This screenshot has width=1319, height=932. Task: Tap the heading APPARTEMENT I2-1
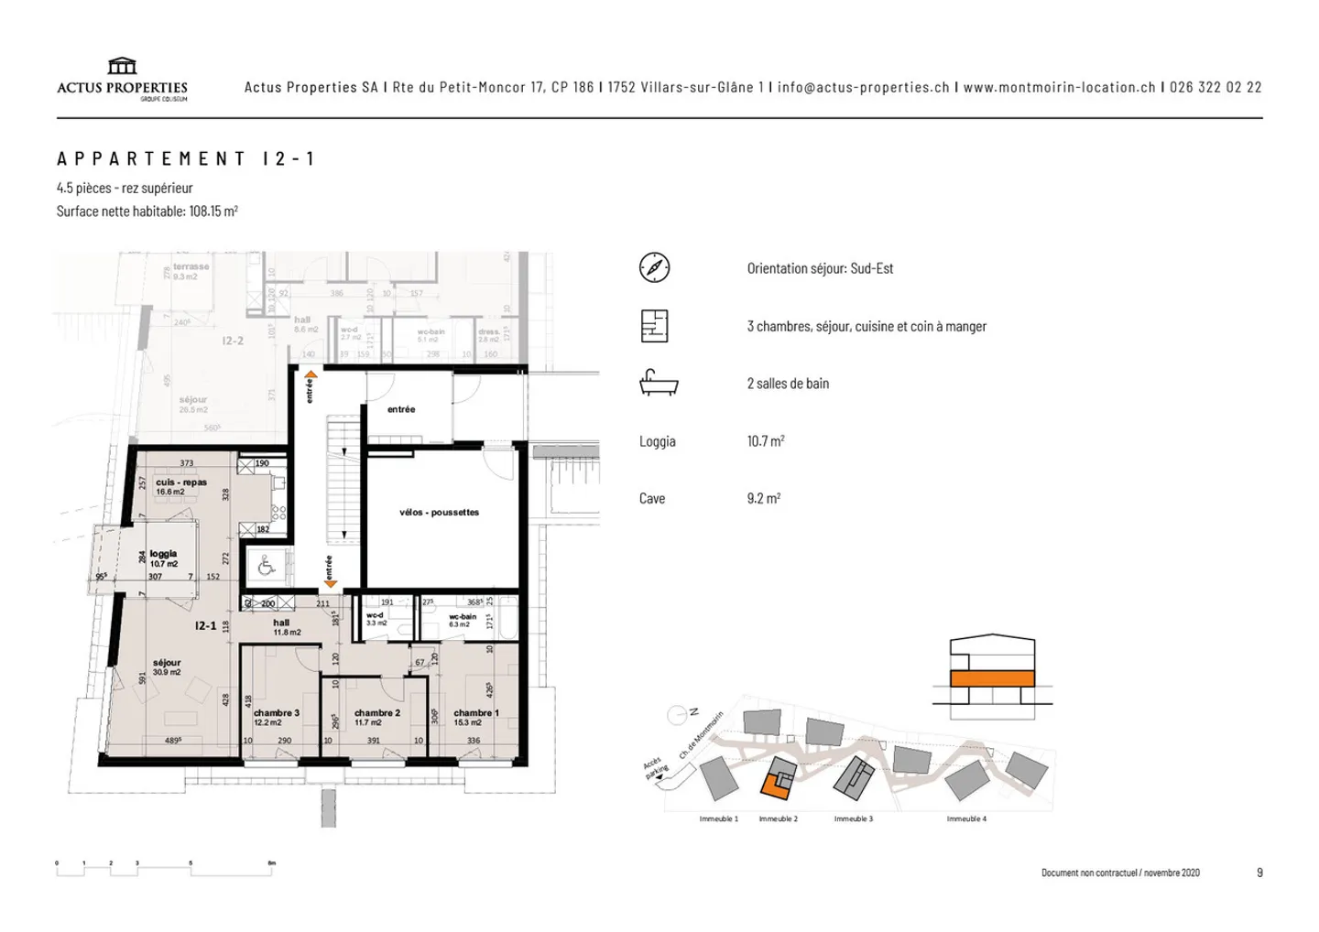point(186,158)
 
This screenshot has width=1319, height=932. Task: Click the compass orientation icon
point(654,267)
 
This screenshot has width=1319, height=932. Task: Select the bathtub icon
point(658,383)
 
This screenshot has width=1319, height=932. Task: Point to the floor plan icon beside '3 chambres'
point(654,326)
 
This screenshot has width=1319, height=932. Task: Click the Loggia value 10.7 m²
point(766,441)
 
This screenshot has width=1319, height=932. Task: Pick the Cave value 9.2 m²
point(763,499)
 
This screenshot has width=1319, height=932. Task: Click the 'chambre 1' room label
point(475,713)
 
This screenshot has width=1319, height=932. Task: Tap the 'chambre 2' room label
point(376,713)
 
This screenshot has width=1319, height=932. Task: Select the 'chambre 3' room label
point(276,713)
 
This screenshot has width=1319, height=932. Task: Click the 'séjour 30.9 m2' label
point(167,667)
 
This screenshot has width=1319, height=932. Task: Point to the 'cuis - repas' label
point(180,482)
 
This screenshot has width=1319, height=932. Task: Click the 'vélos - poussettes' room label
point(439,513)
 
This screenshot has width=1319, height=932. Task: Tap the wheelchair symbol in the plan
point(267,567)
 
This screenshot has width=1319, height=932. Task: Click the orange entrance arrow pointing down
point(330,584)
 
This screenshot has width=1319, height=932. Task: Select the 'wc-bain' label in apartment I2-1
point(463,617)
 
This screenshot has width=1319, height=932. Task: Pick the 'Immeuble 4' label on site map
point(966,818)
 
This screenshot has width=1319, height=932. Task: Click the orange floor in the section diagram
point(992,678)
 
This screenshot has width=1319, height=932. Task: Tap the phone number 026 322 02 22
point(1215,87)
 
